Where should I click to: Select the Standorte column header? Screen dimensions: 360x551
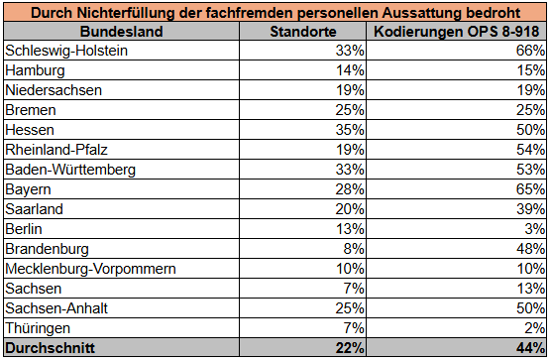coord(303,32)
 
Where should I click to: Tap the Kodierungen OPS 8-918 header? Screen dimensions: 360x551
coord(459,32)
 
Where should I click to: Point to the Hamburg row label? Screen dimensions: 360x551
coord(38,70)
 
